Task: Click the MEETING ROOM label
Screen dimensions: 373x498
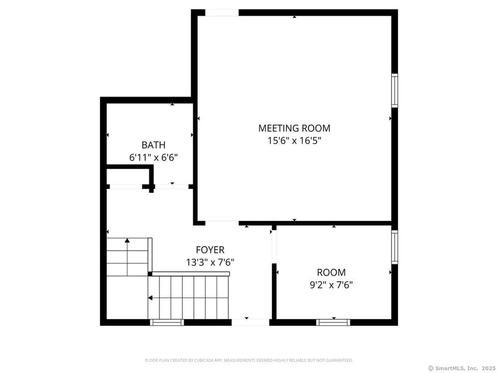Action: pos(294,128)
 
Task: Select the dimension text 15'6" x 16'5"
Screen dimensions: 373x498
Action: pos(294,141)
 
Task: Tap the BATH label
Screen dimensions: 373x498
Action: pos(153,145)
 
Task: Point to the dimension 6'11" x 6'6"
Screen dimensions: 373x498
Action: pos(153,157)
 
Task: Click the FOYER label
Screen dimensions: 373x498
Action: pos(210,250)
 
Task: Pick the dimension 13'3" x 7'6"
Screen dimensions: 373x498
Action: pos(210,262)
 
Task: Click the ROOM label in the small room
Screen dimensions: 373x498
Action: pos(331,272)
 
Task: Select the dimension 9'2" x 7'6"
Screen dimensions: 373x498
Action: pos(331,285)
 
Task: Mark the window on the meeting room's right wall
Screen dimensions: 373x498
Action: pos(395,90)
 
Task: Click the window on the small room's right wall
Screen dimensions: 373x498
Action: pos(395,247)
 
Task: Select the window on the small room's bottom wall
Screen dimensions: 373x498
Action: pos(333,322)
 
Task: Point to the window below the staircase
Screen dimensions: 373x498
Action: pos(167,322)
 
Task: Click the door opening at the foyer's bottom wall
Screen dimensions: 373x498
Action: pos(250,322)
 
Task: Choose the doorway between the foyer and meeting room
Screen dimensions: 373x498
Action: pos(222,222)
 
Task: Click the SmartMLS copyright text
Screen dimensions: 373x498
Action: pos(462,368)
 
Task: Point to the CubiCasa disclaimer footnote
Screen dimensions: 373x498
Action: pos(248,360)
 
